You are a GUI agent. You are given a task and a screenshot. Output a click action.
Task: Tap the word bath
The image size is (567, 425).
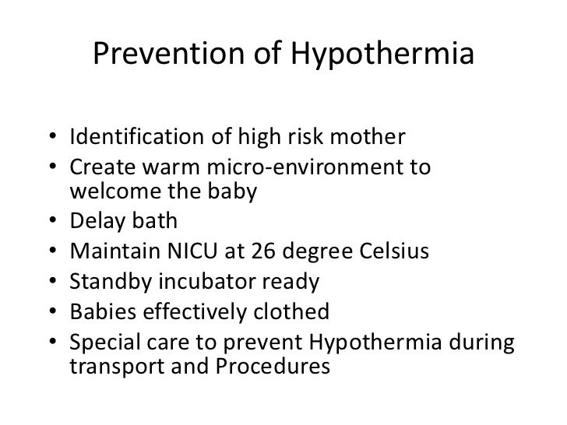pos(154,222)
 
